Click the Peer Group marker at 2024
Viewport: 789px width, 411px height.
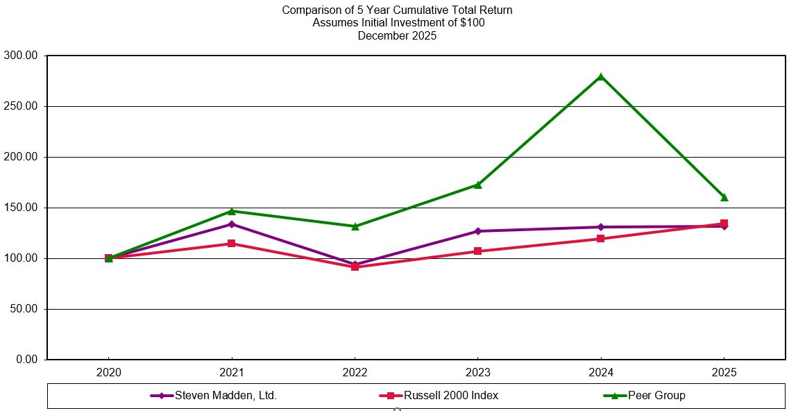pos(601,76)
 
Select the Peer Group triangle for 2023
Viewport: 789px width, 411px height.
pos(478,185)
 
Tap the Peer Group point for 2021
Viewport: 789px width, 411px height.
pos(232,211)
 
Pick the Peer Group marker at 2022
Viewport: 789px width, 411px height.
pos(355,226)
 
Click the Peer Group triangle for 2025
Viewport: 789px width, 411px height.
pos(724,197)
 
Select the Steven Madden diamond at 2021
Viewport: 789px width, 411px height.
pos(232,224)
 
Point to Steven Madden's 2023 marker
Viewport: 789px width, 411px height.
pos(478,231)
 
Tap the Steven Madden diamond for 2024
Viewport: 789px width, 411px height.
pos(601,227)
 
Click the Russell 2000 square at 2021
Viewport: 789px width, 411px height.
pos(232,244)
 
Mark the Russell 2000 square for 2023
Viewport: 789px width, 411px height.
pos(478,251)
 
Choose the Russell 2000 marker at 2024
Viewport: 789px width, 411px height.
pos(601,239)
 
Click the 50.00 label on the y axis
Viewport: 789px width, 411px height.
pos(25,309)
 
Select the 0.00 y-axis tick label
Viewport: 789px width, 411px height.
pos(28,360)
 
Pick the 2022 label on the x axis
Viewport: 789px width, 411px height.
pos(355,373)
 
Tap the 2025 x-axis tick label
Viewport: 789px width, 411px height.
pos(724,373)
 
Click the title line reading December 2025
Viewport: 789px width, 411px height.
pos(397,36)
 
